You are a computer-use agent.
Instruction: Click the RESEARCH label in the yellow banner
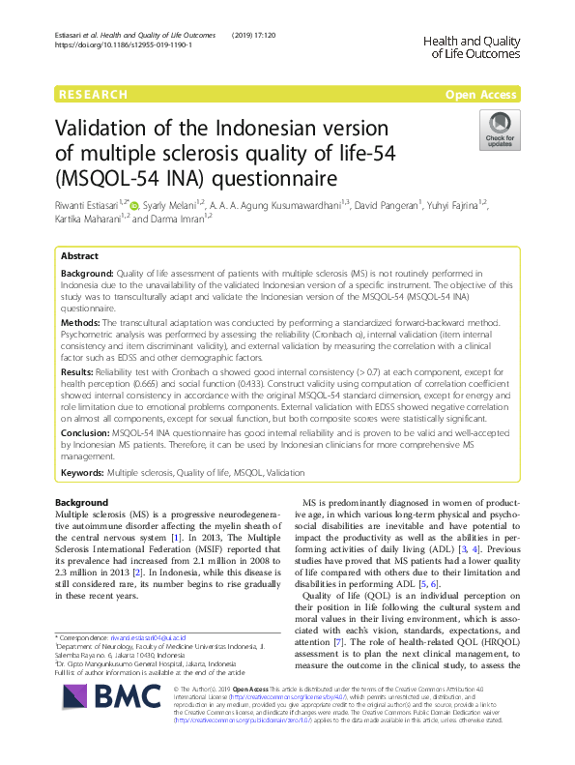93,95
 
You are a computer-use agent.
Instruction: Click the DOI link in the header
123,45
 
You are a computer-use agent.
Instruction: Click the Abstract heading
79,256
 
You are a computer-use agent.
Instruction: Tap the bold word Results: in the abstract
77,371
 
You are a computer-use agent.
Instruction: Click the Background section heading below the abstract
82,503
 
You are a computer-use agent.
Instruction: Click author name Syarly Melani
172,205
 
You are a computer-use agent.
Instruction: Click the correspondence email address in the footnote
148,639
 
